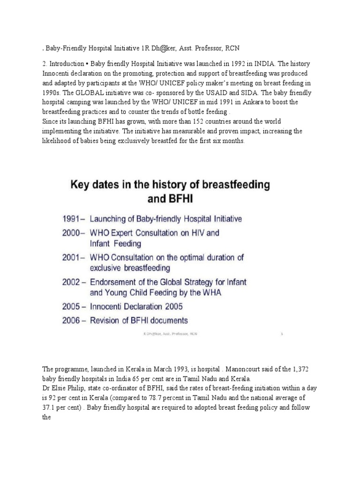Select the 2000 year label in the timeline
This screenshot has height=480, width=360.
73,232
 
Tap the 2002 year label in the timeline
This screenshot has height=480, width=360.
74,283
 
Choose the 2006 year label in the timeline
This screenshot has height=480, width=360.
74,321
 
